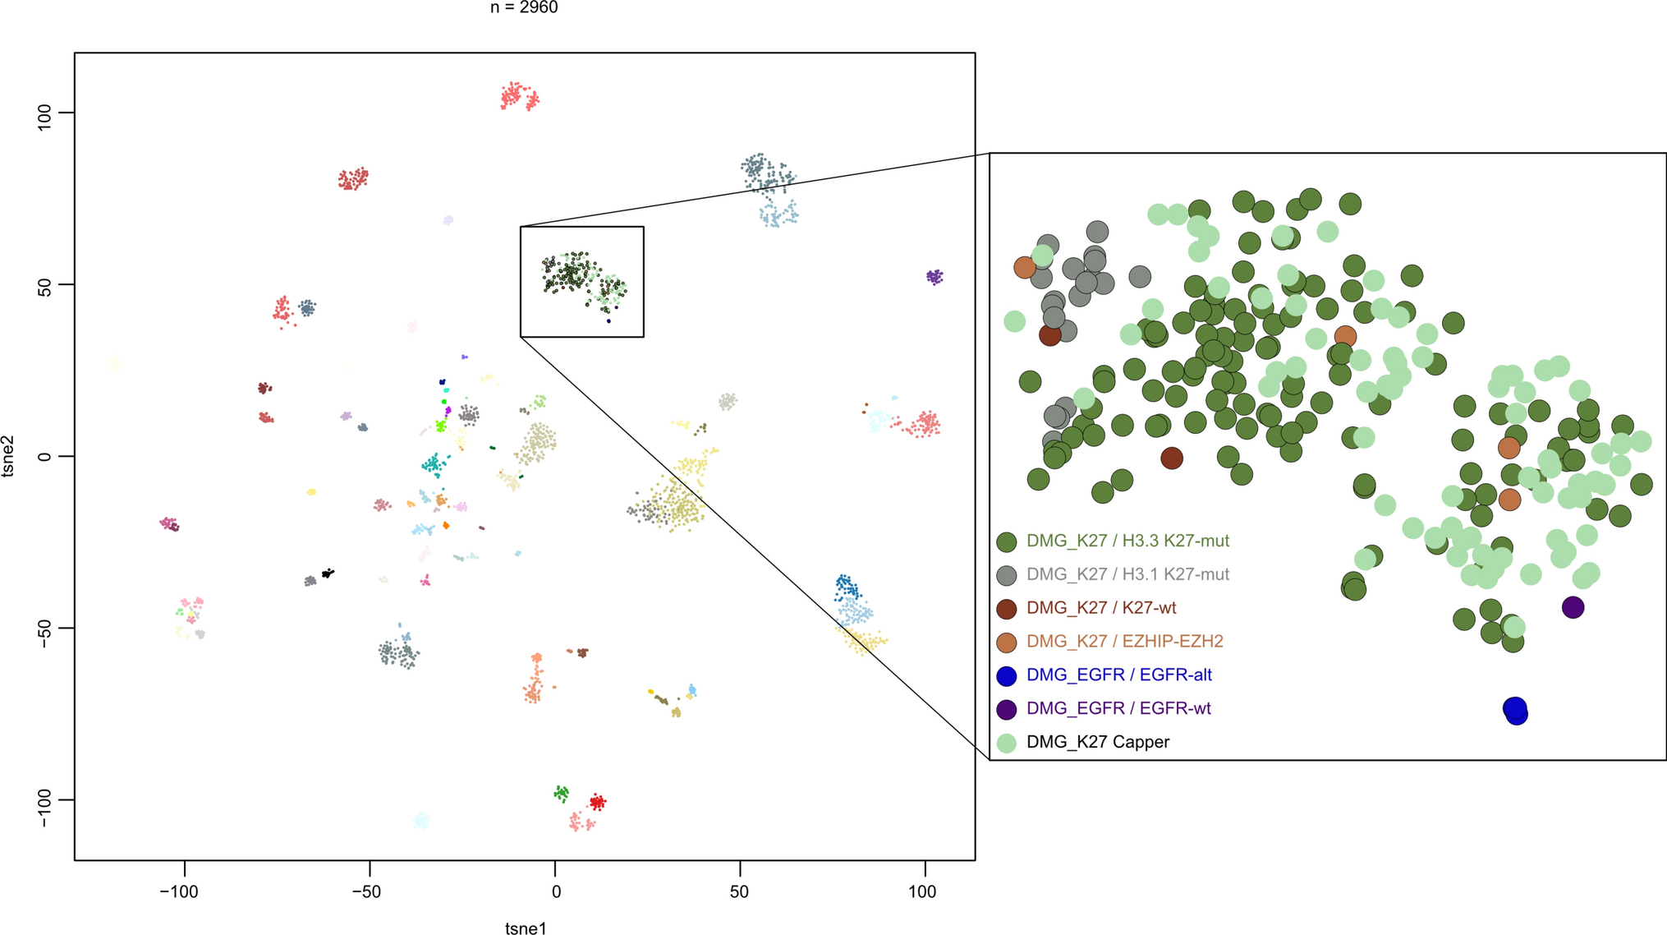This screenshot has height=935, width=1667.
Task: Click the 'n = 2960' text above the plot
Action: click(x=524, y=8)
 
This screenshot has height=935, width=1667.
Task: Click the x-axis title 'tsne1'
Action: click(x=526, y=928)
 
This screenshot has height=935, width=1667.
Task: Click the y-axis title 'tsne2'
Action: click(x=9, y=456)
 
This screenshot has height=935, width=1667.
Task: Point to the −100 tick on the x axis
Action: click(x=179, y=892)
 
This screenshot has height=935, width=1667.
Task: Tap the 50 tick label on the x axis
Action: click(x=739, y=892)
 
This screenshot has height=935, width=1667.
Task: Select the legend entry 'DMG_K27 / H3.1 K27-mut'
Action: click(x=1127, y=574)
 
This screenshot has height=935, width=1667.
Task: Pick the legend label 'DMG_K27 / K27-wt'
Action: click(x=1101, y=608)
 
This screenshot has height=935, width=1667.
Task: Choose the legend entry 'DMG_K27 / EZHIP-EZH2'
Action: click(x=1125, y=641)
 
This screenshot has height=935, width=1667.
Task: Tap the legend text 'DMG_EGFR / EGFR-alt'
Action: click(x=1118, y=675)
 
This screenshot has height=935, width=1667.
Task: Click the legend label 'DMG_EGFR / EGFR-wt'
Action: click(x=1118, y=708)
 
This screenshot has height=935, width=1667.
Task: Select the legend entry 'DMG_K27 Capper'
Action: click(x=1098, y=742)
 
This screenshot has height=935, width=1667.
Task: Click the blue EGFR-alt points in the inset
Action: click(x=1516, y=711)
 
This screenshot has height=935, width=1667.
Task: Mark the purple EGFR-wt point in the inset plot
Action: click(x=1573, y=608)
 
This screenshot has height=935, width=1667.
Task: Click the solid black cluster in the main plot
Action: click(x=327, y=573)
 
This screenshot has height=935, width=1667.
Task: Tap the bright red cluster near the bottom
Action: click(x=598, y=802)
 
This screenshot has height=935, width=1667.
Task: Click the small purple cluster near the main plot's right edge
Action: click(x=935, y=277)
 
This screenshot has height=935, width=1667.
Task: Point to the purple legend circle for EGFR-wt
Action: click(x=1006, y=709)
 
